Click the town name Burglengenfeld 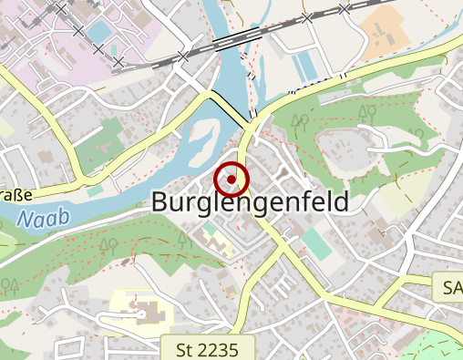[x=250, y=202]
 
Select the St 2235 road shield [x=207, y=347]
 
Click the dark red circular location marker [x=231, y=179]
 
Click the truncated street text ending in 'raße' [x=15, y=194]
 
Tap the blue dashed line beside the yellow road [x=293, y=91]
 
